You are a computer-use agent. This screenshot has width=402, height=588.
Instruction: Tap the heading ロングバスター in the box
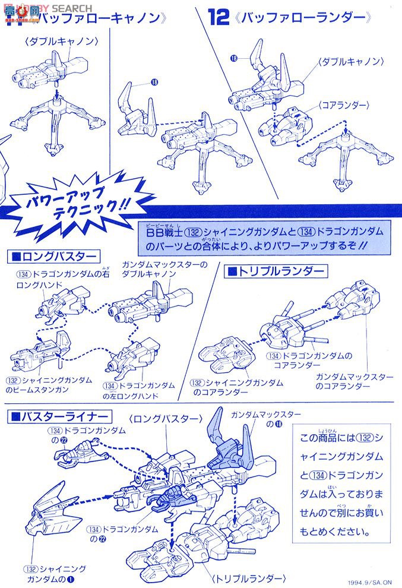coord(53,256)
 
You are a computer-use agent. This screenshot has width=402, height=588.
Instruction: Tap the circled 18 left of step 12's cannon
coord(235,58)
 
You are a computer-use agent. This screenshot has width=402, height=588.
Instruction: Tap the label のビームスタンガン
coord(37,390)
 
